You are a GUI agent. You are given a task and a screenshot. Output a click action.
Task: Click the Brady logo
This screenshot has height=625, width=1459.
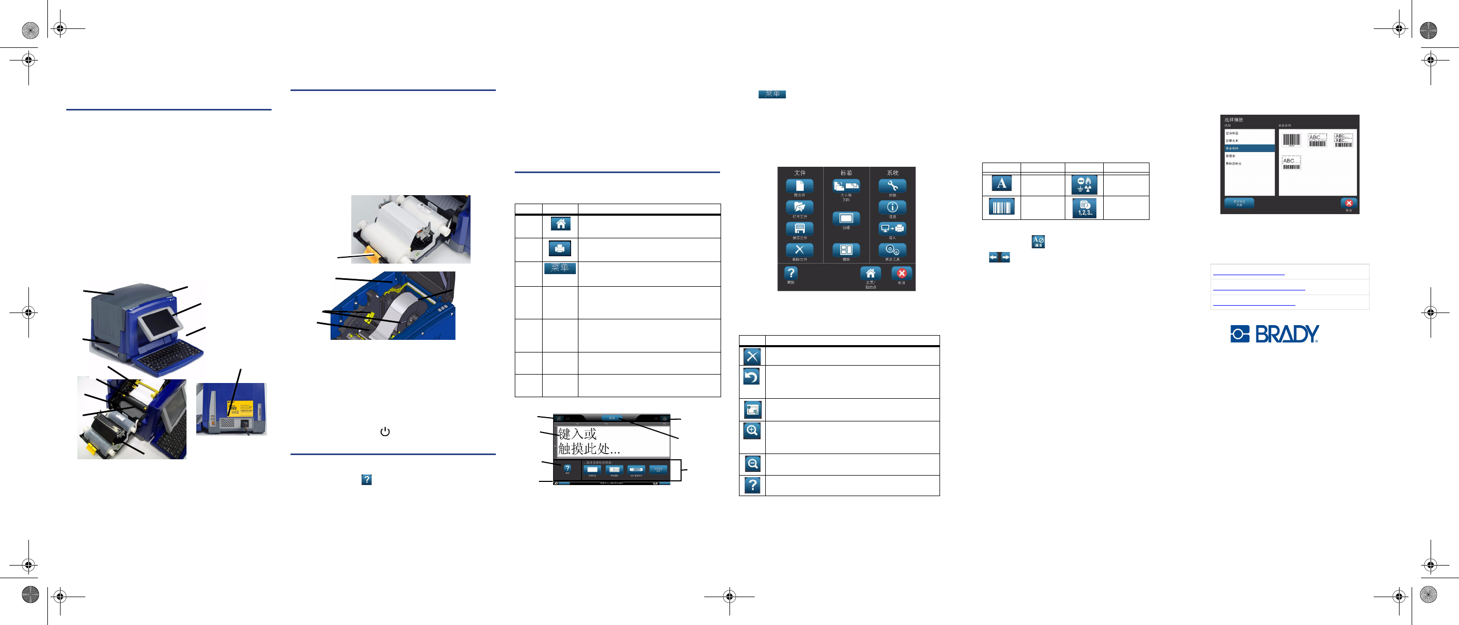point(1274,334)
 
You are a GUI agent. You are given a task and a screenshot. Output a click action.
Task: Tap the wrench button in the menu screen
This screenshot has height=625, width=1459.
point(892,186)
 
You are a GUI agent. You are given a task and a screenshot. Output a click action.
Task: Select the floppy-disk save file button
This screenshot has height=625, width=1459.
point(799,229)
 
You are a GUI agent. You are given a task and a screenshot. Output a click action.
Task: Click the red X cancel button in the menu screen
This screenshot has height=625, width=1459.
point(901,274)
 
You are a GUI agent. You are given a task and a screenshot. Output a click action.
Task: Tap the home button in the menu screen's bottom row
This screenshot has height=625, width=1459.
point(870,274)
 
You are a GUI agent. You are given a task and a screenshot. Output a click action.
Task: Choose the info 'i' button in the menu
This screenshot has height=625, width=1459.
point(892,207)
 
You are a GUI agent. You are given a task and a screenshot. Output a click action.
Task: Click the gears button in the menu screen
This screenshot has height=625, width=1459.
point(892,250)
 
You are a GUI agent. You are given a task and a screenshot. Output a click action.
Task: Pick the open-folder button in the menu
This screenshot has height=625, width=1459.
point(799,207)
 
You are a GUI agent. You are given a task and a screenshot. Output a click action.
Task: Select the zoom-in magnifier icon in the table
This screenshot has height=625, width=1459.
point(752,431)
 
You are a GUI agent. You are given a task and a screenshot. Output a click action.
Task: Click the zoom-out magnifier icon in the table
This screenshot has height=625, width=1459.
point(752,464)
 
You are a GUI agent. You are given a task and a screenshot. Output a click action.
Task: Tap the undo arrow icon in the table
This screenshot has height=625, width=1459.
point(752,377)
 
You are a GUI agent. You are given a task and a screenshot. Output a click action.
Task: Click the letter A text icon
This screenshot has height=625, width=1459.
point(1001,184)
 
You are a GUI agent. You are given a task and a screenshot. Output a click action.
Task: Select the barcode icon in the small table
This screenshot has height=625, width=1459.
point(1001,207)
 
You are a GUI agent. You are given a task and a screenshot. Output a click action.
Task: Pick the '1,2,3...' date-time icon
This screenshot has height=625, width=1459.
point(1084,208)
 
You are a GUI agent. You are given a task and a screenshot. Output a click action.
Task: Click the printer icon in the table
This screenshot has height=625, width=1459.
point(559,248)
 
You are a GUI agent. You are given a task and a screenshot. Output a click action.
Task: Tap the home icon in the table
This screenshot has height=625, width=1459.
point(560,224)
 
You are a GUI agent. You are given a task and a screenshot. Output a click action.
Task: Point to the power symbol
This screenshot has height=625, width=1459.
point(385,431)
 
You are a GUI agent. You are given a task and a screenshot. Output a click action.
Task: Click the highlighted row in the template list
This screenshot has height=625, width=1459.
point(1250,148)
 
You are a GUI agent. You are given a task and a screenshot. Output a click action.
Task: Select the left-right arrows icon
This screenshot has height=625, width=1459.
point(999,258)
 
